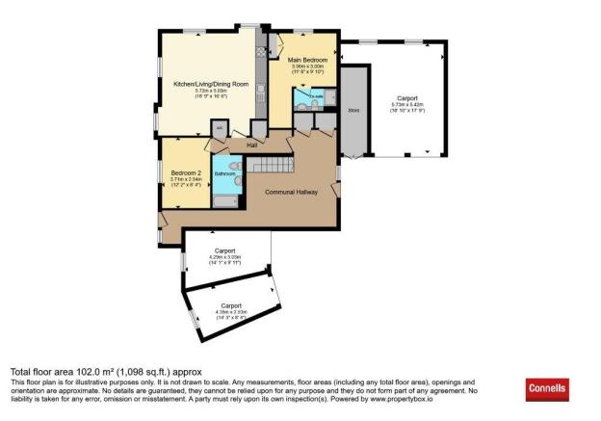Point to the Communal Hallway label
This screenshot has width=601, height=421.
[x=291, y=193]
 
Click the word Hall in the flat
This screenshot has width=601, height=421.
[x=251, y=145]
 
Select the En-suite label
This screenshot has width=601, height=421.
[x=317, y=97]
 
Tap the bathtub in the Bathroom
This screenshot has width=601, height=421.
[x=222, y=200]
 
